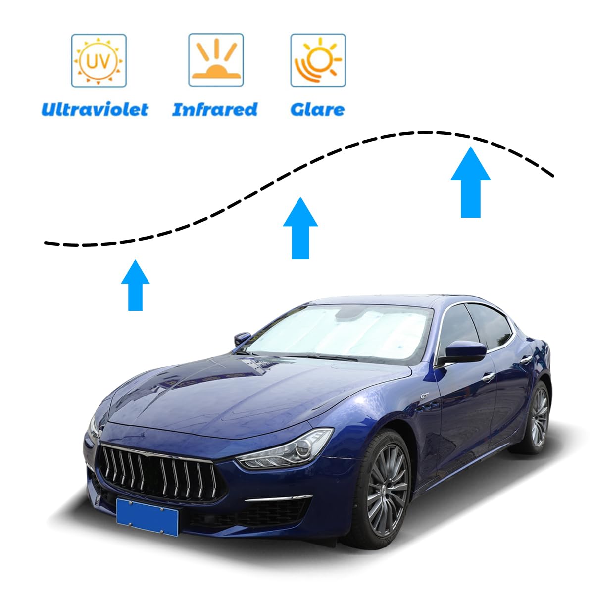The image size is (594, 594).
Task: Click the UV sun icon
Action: point(99,60)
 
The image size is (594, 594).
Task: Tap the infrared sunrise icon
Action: point(215,60)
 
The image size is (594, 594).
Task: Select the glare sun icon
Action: point(318,60)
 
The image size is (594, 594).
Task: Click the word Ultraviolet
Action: point(95,109)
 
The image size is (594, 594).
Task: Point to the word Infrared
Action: point(215,109)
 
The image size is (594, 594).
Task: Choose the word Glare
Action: point(317,109)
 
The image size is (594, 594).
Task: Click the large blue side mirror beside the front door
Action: point(465,352)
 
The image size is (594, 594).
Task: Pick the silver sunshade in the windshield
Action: point(342,330)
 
